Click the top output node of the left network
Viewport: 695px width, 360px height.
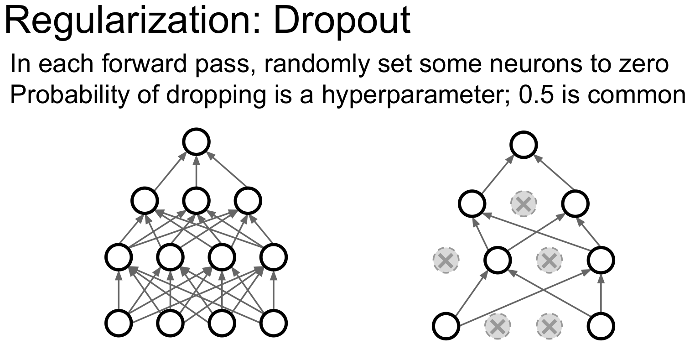click(197, 141)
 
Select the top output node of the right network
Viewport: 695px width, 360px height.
click(524, 145)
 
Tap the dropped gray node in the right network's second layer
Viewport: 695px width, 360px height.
click(524, 203)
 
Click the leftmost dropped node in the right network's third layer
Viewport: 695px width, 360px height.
click(446, 260)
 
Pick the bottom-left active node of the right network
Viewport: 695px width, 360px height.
click(446, 326)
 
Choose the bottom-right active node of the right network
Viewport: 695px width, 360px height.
click(601, 326)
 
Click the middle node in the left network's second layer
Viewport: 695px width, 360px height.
click(197, 200)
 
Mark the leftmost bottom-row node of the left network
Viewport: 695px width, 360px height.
click(119, 323)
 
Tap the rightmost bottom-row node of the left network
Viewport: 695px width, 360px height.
click(274, 323)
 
